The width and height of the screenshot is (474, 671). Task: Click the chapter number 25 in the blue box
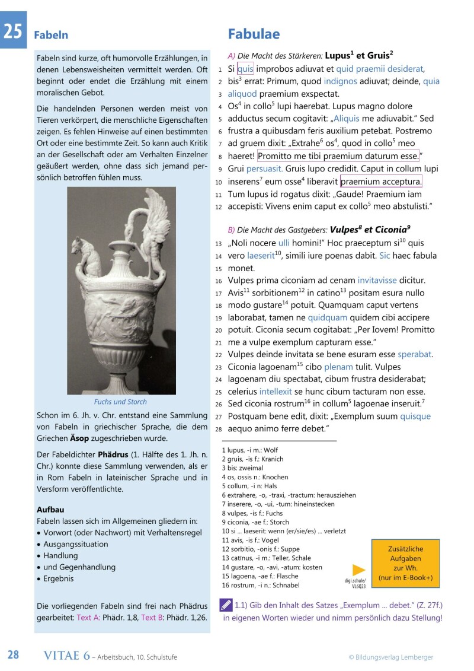(x=13, y=31)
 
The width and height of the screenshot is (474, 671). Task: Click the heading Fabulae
(x=254, y=34)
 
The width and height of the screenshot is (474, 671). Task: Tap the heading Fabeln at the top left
(x=50, y=35)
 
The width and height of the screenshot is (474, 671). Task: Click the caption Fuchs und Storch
(x=120, y=402)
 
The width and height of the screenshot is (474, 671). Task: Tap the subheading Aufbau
(x=50, y=510)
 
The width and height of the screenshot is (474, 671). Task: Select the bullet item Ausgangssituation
(x=76, y=544)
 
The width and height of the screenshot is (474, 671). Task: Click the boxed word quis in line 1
(x=245, y=69)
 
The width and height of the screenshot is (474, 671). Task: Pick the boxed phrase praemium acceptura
(x=381, y=182)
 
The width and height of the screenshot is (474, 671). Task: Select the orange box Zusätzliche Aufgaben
(x=406, y=564)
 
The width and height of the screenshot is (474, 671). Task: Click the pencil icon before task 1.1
(x=226, y=605)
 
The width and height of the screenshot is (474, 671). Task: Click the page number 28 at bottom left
(x=14, y=655)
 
